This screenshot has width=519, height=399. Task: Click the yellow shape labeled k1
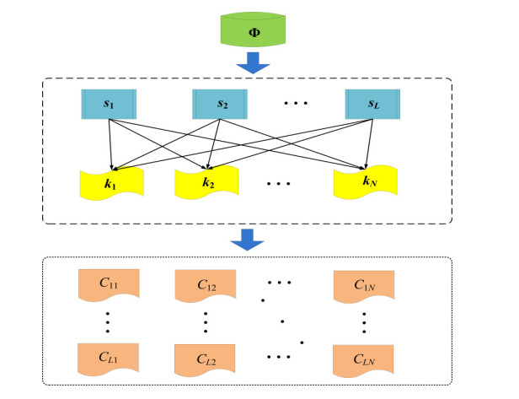110,181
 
